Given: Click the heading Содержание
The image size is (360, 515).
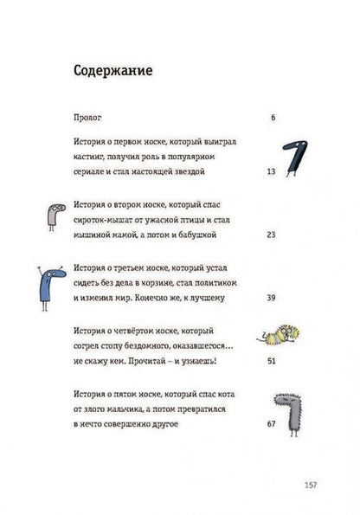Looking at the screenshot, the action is pyautogui.click(x=111, y=72).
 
